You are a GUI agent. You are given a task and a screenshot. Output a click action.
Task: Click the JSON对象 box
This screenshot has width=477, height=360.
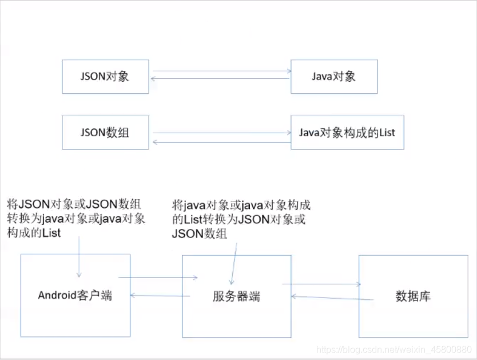[105, 76]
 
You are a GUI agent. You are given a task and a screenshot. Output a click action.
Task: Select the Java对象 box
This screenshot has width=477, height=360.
[334, 76]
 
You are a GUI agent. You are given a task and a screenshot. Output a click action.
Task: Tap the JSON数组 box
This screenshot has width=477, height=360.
[105, 132]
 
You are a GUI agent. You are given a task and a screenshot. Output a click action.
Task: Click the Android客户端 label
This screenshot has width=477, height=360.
[75, 295]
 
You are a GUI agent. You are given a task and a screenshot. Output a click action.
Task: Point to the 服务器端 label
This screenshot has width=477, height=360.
[237, 296]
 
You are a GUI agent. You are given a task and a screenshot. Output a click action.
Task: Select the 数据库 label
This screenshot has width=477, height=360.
[413, 296]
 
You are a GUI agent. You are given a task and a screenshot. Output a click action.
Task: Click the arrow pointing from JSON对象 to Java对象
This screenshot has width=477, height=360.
[220, 72]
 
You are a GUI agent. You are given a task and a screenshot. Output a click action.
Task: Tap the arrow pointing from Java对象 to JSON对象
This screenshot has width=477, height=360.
[220, 79]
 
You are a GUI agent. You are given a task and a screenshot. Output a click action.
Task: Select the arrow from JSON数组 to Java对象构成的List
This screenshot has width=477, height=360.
[220, 133]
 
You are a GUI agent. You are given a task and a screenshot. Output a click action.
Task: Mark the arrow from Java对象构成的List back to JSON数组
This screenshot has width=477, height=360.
[220, 141]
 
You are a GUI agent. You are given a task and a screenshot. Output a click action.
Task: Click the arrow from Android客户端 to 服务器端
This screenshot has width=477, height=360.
[157, 278]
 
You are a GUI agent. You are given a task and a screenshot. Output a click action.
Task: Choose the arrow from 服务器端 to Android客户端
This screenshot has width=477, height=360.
[160, 295]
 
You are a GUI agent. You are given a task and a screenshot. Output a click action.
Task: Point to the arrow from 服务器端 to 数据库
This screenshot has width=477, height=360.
[321, 284]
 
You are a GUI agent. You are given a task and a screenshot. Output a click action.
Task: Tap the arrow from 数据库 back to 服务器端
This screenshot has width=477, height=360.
[332, 297]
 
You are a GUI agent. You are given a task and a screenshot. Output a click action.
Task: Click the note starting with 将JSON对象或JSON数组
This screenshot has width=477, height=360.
[75, 218]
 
